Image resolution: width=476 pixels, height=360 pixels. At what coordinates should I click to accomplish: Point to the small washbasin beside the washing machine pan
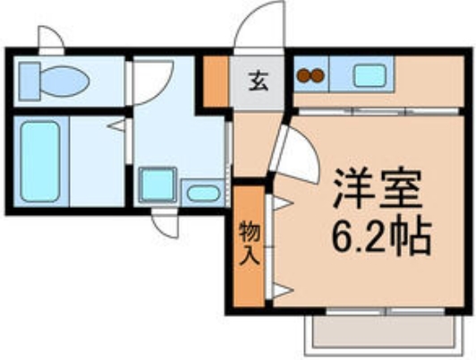(204, 193)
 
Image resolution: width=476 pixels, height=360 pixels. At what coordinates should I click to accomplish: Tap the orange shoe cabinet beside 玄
(214, 81)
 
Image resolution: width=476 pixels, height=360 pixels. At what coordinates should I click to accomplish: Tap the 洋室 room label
(375, 188)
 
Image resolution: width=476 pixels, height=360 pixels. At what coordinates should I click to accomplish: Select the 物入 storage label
(250, 244)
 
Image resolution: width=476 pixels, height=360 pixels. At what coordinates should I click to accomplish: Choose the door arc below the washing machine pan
(165, 224)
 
